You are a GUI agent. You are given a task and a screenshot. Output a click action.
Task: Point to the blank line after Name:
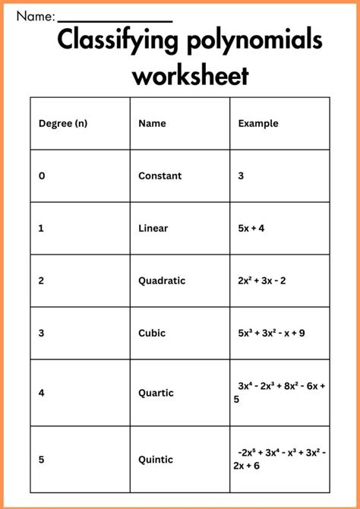pos(115,21)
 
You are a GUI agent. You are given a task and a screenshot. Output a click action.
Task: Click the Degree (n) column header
pos(62,123)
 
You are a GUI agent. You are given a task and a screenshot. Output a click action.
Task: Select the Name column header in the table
pos(152,123)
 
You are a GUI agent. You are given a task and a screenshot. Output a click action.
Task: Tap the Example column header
pos(258,123)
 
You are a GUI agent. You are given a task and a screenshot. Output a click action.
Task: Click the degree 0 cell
pos(42,175)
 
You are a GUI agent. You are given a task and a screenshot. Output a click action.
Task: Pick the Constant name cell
pos(159,175)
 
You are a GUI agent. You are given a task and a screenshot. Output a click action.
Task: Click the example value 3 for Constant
pos(241,175)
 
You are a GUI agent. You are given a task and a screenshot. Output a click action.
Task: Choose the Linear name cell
pos(153,228)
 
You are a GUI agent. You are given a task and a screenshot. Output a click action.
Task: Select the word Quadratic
pos(161,280)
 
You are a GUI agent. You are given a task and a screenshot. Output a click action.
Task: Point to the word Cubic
pos(152,333)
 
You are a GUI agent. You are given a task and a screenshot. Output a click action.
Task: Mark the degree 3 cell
pos(42,333)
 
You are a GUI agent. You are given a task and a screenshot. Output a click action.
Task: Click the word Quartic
pos(156,393)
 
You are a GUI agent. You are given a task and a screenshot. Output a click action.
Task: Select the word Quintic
pos(156,460)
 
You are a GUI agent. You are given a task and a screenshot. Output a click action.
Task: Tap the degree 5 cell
pos(42,460)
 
